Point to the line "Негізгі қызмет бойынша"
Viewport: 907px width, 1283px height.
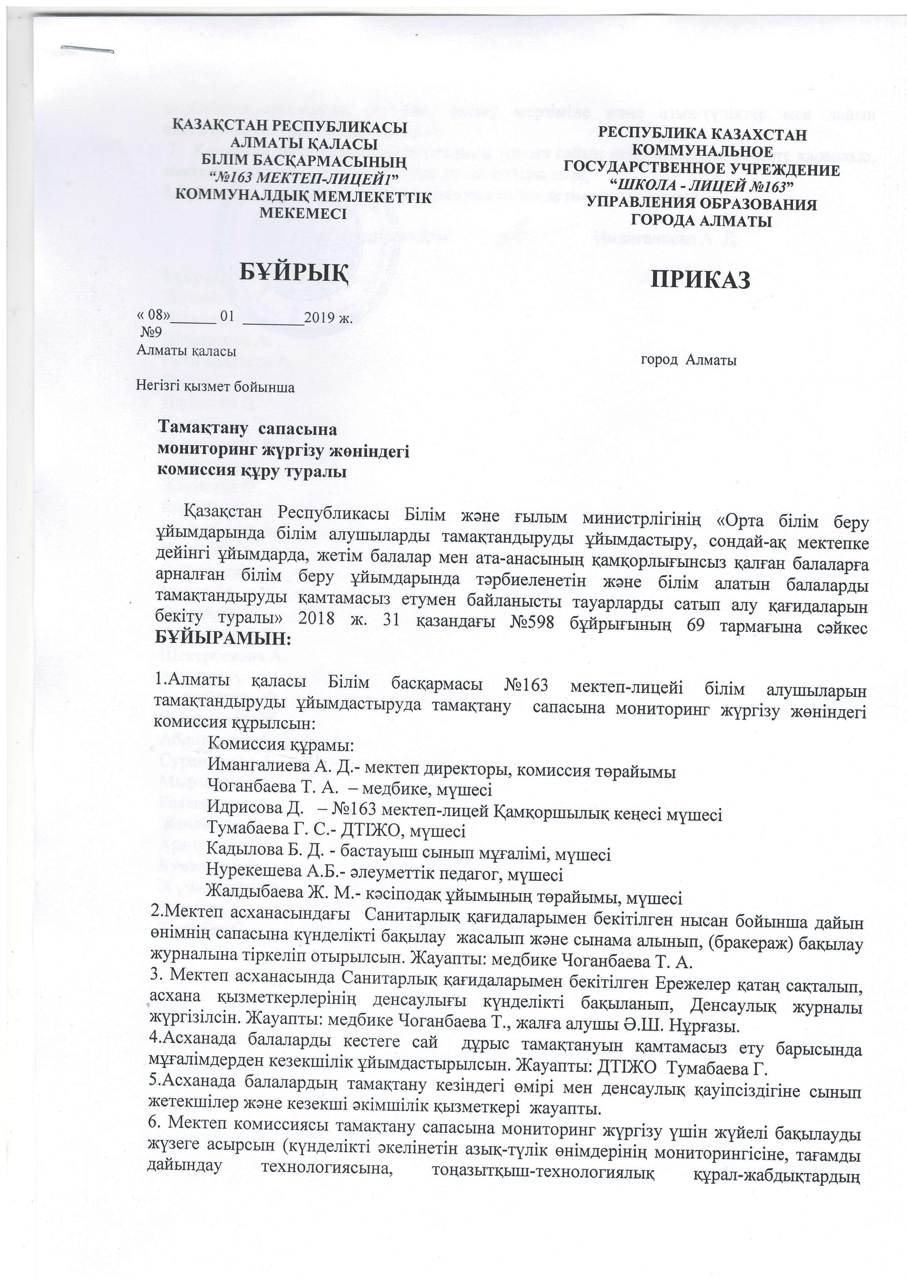point(216,387)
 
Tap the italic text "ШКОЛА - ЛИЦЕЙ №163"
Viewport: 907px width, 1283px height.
point(700,185)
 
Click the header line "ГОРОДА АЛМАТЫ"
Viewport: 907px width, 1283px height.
point(701,221)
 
